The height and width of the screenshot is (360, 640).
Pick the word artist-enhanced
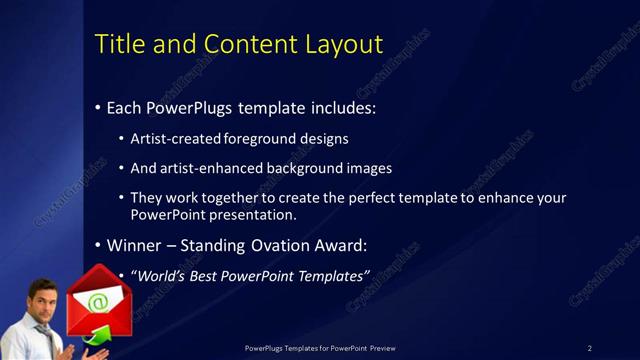pos(204,168)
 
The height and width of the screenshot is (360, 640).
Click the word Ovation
pos(281,245)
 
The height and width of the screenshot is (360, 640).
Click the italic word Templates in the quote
pos(328,275)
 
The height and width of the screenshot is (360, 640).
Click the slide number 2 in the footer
pos(590,348)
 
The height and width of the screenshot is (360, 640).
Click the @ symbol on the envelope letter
pos(97,300)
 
